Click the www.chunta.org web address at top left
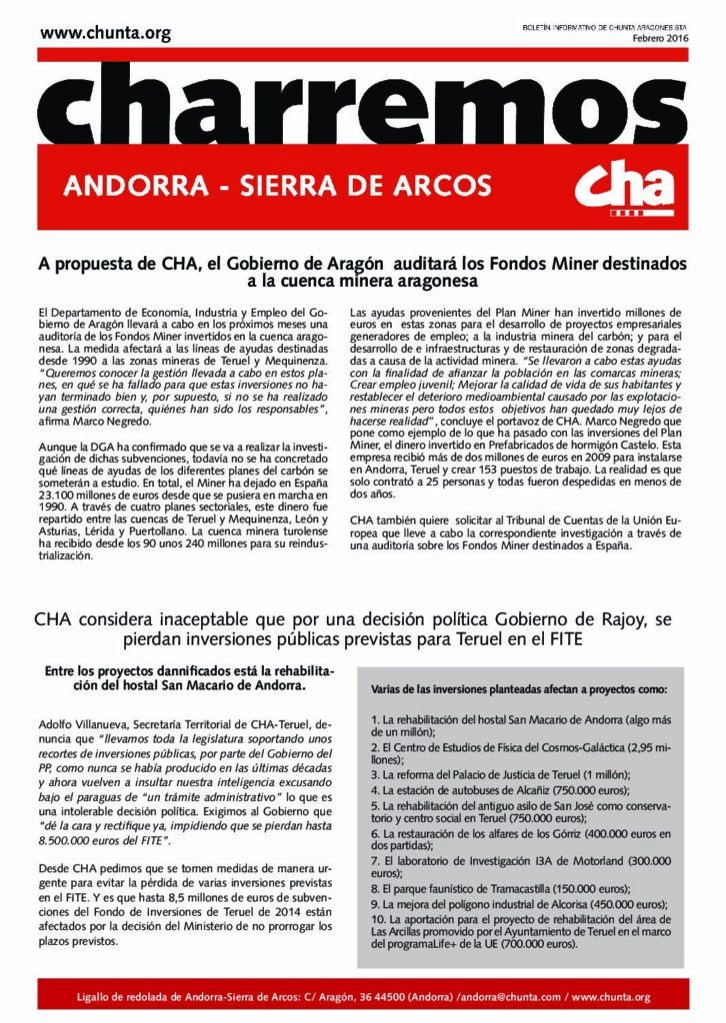pyautogui.click(x=106, y=34)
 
